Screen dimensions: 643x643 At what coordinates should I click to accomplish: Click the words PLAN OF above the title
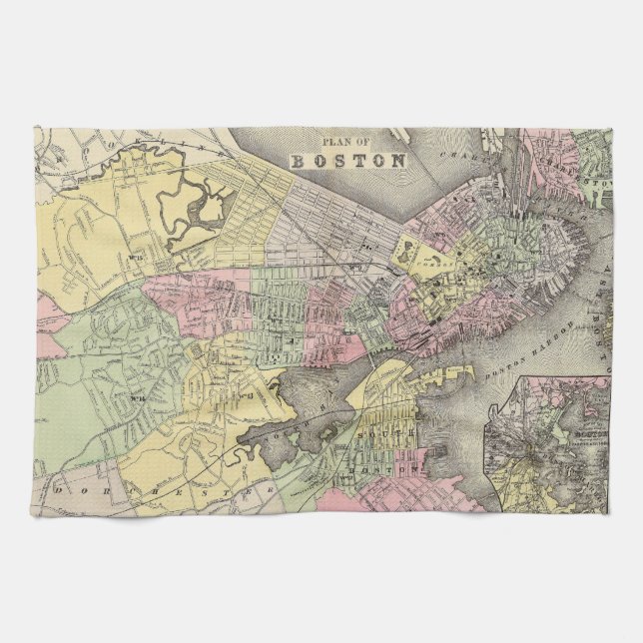[x=346, y=141]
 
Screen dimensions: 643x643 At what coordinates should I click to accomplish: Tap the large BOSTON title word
[x=347, y=159]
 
